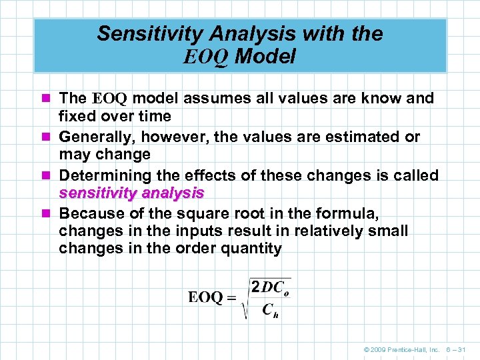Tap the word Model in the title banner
[x=265, y=57]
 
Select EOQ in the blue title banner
[x=206, y=57]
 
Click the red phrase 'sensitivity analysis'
[x=131, y=193]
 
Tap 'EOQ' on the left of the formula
[x=205, y=297]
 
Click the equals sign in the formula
[x=232, y=298]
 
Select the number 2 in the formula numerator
[x=255, y=287]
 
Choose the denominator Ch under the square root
[x=269, y=309]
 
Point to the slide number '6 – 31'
[x=457, y=349]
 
